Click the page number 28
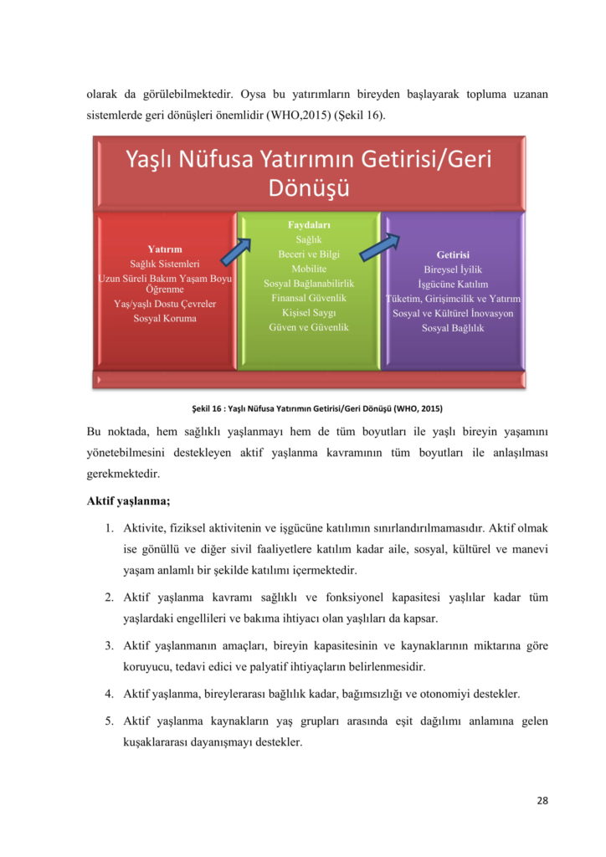[542, 800]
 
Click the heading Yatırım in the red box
[164, 249]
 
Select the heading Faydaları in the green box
[309, 225]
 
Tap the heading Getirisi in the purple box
[453, 254]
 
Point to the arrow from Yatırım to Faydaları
[236, 251]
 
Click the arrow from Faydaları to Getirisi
[380, 249]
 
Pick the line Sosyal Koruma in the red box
[164, 318]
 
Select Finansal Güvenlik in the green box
[309, 298]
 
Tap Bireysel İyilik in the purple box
[453, 269]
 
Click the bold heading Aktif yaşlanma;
[128, 500]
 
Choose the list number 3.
[109, 645]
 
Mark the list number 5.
[109, 720]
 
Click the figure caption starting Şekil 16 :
[317, 408]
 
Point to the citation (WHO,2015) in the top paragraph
[298, 115]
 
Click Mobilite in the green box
[309, 269]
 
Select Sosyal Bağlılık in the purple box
[453, 328]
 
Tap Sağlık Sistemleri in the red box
[164, 264]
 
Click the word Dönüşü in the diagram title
[309, 187]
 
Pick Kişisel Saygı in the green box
[309, 312]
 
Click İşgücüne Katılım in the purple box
[453, 285]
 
